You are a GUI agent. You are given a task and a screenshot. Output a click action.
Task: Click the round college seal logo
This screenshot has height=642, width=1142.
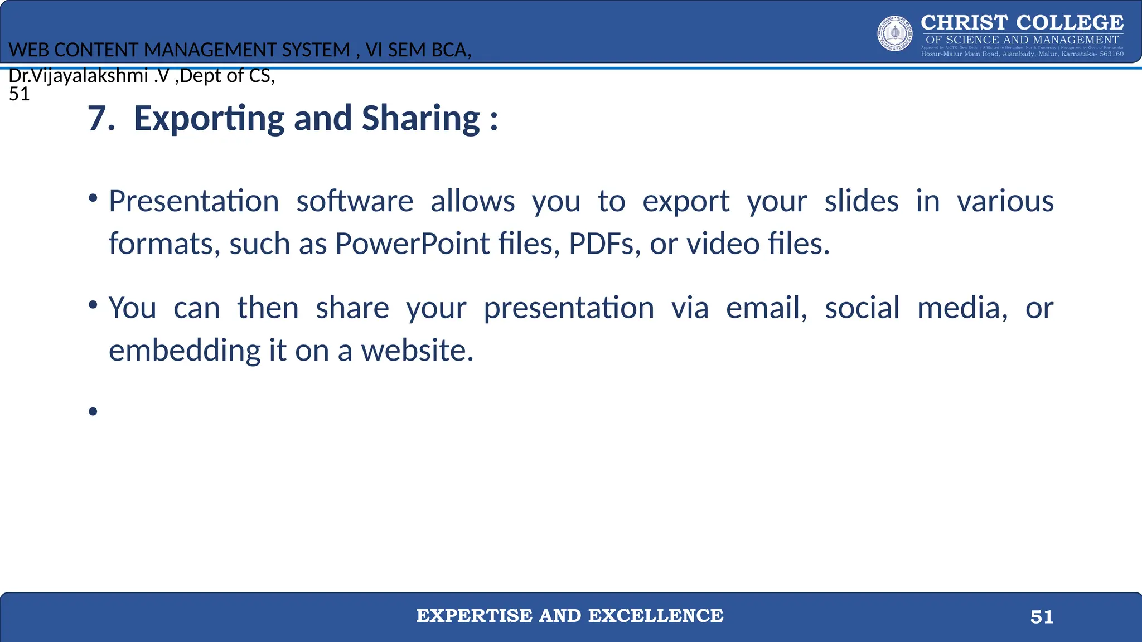click(x=894, y=33)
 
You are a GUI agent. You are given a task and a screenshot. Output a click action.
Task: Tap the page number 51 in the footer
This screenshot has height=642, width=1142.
click(x=1042, y=617)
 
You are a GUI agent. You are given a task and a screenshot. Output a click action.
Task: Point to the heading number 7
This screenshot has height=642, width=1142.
click(x=100, y=119)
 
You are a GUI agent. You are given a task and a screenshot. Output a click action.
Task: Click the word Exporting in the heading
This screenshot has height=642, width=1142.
click(x=209, y=119)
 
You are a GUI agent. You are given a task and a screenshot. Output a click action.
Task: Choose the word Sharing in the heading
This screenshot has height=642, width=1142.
click(x=420, y=119)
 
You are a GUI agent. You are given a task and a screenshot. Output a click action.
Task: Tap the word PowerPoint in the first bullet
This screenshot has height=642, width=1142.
click(x=412, y=244)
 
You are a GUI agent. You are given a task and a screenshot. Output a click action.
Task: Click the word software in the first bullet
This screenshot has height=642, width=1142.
click(x=355, y=201)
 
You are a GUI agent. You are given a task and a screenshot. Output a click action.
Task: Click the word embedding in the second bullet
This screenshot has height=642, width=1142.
click(x=185, y=351)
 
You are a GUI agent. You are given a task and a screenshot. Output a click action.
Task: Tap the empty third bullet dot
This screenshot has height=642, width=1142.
click(x=93, y=412)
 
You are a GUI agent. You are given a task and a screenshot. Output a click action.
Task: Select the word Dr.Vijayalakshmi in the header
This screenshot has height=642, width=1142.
click(x=78, y=75)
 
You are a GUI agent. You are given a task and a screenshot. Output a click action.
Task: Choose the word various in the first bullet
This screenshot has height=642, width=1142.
click(x=1005, y=201)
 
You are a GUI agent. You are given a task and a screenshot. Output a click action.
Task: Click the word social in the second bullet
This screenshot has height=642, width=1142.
click(x=862, y=308)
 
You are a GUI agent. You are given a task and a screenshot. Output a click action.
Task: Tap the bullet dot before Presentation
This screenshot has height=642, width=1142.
click(x=93, y=198)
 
